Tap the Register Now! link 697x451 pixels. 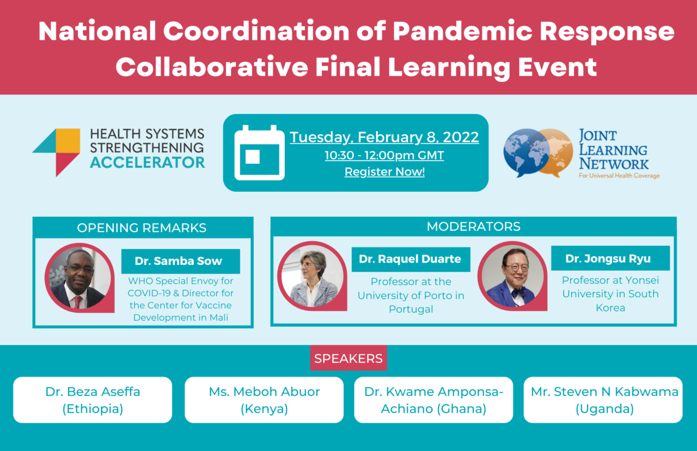384,173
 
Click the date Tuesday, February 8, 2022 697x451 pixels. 384,137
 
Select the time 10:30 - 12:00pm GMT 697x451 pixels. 384,155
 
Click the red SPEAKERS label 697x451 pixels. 348,358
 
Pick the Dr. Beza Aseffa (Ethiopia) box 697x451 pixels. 93,400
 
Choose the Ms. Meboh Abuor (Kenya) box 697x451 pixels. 264,400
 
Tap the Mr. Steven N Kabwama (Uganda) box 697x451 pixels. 603,400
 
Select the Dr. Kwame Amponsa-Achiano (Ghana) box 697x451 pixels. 433,400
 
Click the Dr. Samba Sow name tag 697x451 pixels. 180,261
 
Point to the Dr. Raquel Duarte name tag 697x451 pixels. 410,259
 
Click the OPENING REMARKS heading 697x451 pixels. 142,228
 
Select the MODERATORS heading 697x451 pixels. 473,226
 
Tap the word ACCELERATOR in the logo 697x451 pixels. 147,162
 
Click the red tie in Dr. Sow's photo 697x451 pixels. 77,301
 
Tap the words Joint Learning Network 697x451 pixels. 613,149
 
